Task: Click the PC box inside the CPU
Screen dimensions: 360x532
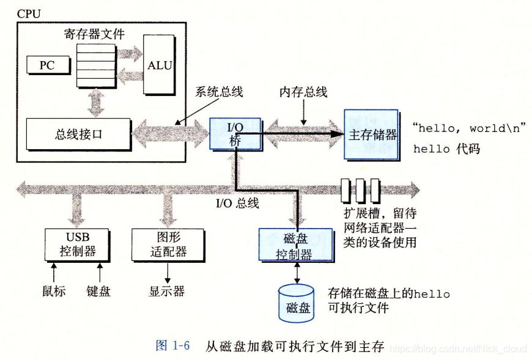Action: coord(47,65)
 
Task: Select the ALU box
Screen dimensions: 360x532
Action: coord(159,65)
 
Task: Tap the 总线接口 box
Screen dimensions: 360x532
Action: coord(79,134)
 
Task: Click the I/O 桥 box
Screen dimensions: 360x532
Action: coord(235,133)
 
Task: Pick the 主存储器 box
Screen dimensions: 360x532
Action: coord(371,134)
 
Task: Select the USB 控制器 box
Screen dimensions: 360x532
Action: coord(77,244)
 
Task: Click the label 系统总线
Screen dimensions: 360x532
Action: coord(219,92)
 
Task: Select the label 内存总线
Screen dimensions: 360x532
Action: coord(303,92)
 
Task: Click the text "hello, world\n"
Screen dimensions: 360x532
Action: coord(469,128)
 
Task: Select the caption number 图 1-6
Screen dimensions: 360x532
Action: coord(173,346)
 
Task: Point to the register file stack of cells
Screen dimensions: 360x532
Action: coord(95,65)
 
